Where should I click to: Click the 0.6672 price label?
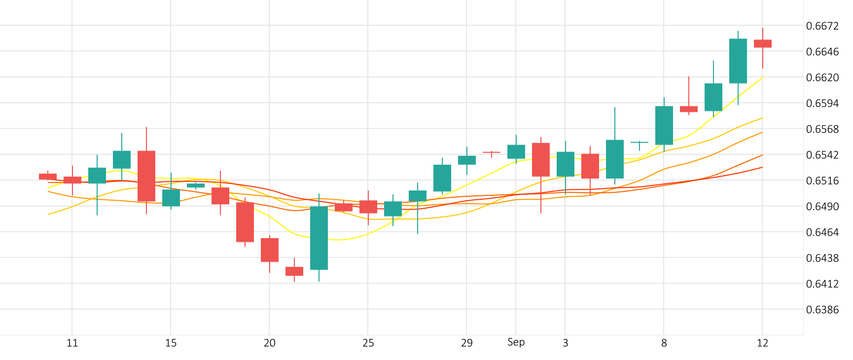coord(822,26)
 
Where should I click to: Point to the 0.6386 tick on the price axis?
coord(822,310)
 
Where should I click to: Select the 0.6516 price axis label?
coord(822,181)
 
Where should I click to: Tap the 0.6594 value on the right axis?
coord(822,104)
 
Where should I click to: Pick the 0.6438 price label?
coord(822,258)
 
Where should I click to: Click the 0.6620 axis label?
coord(822,78)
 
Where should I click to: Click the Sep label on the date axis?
coord(516,342)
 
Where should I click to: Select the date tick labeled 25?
coord(368,343)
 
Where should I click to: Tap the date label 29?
coord(466,343)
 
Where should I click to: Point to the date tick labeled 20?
coord(269,343)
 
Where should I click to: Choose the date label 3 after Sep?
coord(565,343)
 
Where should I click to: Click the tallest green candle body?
coord(319,238)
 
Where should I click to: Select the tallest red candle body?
coord(146,176)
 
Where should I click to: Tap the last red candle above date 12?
coord(763,43)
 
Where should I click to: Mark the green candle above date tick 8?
coord(664,125)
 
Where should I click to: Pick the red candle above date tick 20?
coord(270,250)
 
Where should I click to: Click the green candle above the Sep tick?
coord(516,151)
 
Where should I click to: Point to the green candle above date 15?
coord(171,197)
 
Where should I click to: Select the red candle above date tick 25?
coord(368,207)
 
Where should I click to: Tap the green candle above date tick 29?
coord(467,160)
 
